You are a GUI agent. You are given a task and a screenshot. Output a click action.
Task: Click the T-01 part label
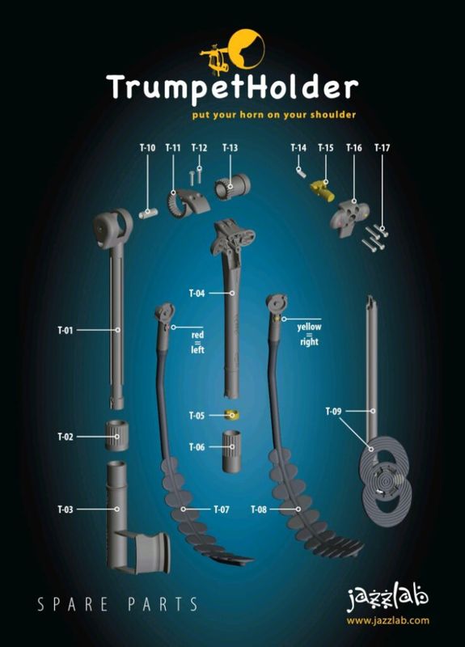tap(66, 330)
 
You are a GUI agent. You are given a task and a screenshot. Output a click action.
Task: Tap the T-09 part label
tap(333, 412)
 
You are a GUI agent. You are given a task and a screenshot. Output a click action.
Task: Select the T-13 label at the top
tap(230, 148)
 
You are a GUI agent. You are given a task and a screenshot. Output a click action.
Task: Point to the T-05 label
tap(197, 416)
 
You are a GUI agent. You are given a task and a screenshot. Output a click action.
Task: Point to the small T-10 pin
tap(148, 213)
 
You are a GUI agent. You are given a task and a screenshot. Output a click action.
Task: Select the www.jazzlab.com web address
tap(388, 621)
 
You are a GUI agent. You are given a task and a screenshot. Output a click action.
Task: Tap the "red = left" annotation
tap(197, 341)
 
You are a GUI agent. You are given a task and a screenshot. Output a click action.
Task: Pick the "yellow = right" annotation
tap(309, 334)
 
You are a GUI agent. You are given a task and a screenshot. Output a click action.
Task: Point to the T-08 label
tap(259, 510)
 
